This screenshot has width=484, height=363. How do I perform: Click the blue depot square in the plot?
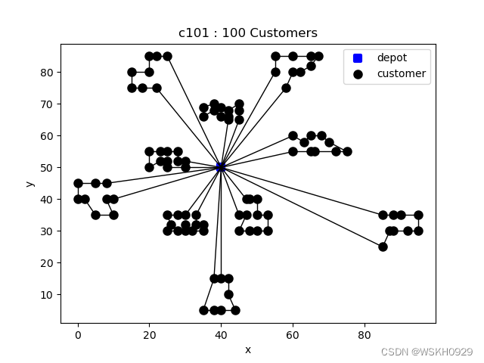pos(221,166)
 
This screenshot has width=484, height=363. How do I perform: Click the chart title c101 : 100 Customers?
pos(248,33)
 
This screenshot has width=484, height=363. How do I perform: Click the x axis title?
pos(248,349)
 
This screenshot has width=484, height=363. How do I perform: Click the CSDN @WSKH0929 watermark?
pos(427,352)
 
